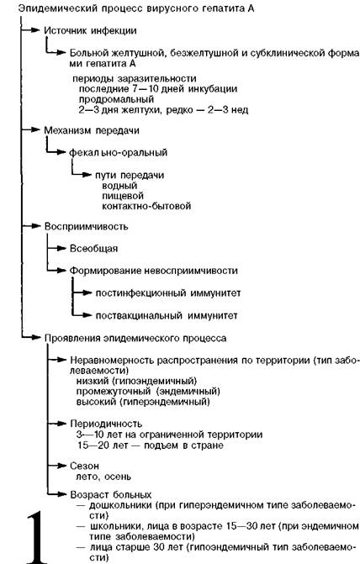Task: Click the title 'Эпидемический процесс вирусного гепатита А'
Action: coord(136,8)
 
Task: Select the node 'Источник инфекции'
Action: coord(90,30)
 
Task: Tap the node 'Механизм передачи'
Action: coord(92,130)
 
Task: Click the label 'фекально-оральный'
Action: coord(118,152)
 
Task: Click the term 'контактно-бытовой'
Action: coord(146,206)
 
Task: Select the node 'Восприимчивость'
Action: coord(86,227)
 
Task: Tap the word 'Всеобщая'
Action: coord(93,249)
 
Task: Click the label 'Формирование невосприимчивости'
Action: coord(154,271)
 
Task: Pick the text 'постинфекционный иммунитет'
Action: coord(168,293)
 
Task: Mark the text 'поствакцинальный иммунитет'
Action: coord(167,316)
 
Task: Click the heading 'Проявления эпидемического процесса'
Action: coord(135,339)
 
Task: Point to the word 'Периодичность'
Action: coord(106,424)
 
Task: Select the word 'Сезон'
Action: coord(84,466)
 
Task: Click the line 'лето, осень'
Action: coord(103,477)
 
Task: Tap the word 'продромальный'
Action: coord(116,99)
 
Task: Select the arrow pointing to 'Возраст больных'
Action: coord(57,494)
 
